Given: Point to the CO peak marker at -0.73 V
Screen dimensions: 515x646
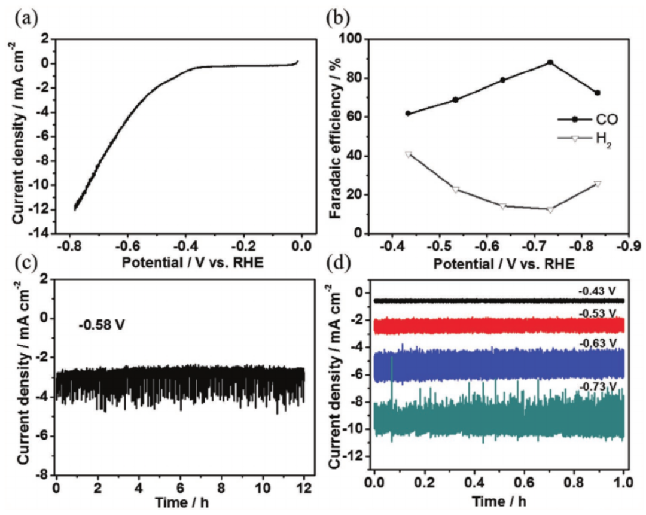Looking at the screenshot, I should tap(550, 62).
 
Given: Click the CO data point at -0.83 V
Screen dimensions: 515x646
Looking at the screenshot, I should tap(597, 93).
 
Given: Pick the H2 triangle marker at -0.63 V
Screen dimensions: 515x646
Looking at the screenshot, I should tap(502, 206).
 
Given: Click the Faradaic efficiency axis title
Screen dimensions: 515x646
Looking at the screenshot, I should tap(335, 136).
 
